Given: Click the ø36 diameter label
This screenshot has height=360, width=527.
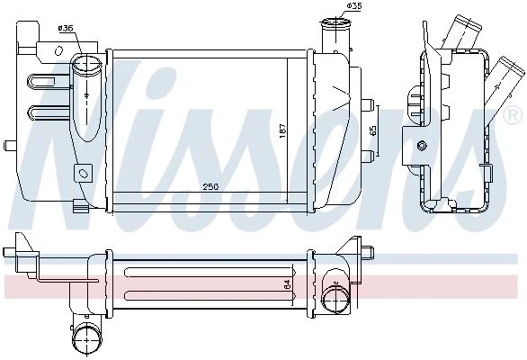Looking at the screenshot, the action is (x=66, y=28).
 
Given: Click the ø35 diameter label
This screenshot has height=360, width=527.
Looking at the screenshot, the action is (x=354, y=5).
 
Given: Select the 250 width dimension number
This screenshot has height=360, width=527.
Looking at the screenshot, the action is (x=210, y=186).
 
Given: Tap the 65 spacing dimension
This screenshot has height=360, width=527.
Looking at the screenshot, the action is (x=373, y=130).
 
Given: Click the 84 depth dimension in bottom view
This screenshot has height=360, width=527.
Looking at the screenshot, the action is (x=288, y=284).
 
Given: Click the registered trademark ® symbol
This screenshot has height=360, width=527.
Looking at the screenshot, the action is (x=513, y=116).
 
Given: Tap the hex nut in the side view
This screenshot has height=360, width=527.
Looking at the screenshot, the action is (x=422, y=145).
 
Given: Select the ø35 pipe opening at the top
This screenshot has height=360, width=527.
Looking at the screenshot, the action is (x=335, y=24).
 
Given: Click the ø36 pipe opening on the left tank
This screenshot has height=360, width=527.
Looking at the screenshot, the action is (x=86, y=64).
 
